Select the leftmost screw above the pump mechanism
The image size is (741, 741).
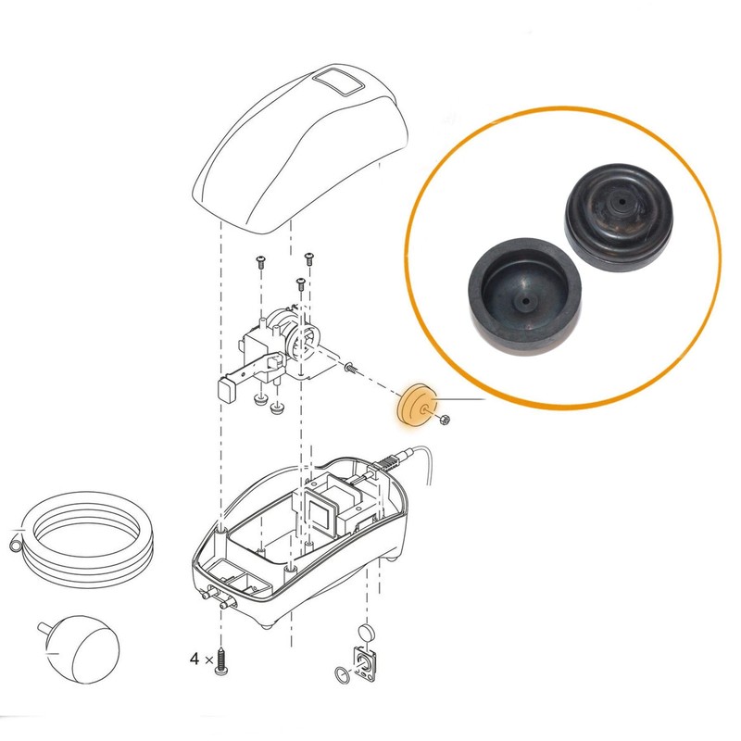point(260,263)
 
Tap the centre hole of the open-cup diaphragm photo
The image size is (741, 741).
point(522,301)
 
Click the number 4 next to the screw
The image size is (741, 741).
point(195,659)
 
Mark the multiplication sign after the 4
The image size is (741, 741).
point(208,660)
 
